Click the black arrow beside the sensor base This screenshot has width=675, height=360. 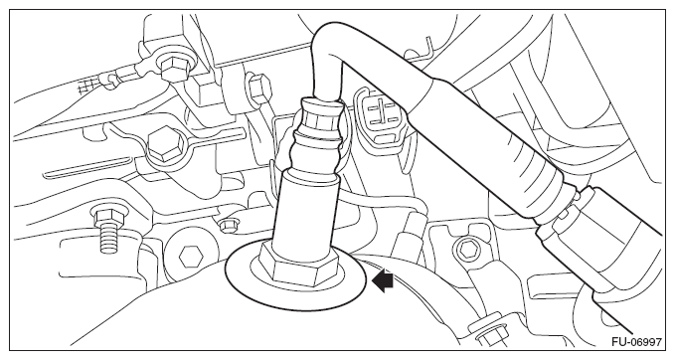click(x=383, y=280)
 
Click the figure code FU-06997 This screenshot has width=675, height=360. click(x=636, y=342)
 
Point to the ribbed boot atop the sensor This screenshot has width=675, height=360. click(x=318, y=133)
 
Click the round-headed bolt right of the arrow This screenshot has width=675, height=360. click(x=466, y=249)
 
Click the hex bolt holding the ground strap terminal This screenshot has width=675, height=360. click(x=174, y=68)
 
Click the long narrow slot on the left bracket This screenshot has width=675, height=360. click(x=87, y=167)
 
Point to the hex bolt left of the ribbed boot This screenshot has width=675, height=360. click(x=258, y=87)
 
